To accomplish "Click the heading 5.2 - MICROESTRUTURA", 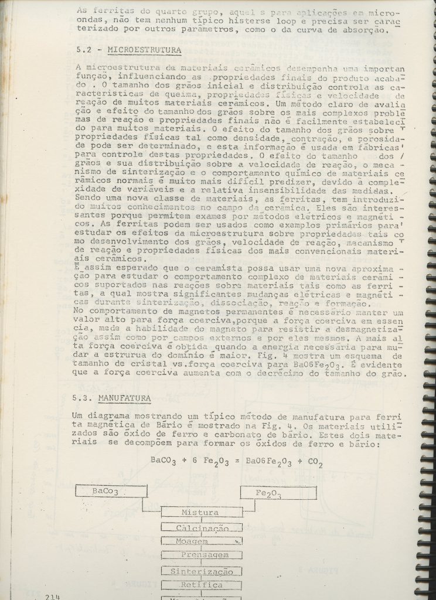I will point(128,51).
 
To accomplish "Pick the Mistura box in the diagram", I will point(200,512).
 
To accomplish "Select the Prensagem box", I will point(200,554).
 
